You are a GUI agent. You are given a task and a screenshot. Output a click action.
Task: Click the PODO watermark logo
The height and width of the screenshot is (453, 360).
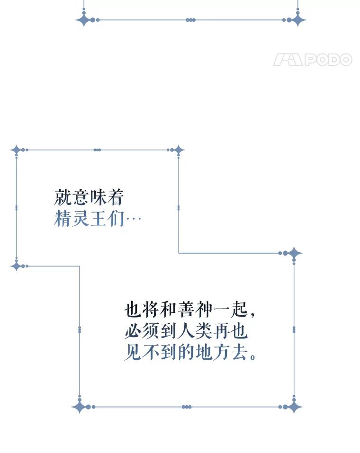tap(313, 60)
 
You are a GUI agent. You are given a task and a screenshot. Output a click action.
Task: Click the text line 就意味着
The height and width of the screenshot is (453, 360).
tap(89, 197)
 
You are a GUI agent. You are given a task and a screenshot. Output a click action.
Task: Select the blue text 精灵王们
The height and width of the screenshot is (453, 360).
tap(89, 219)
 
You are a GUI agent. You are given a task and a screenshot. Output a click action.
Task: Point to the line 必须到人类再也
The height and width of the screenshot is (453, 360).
tap(186, 331)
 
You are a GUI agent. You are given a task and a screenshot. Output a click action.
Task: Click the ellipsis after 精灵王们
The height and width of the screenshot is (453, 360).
tap(133, 220)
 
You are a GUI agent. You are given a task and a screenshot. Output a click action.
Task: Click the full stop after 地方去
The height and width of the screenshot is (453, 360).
tap(252, 356)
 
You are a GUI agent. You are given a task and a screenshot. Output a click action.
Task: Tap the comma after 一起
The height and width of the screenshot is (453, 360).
tap(252, 314)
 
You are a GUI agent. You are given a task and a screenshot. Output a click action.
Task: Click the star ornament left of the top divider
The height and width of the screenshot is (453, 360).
tap(84, 20)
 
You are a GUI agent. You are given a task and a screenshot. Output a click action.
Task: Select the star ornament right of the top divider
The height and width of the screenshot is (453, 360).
tap(298, 20)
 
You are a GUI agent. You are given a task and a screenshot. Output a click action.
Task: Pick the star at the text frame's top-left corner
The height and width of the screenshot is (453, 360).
tap(17, 150)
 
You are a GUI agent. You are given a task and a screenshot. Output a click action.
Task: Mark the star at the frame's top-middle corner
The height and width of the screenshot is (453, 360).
tap(178, 150)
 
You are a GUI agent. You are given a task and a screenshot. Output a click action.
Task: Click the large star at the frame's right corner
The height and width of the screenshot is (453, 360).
tap(294, 253)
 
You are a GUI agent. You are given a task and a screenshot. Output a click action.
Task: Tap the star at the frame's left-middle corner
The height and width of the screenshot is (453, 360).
tap(17, 266)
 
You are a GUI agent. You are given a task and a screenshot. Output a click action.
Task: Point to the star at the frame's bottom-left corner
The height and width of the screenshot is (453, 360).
tap(80, 407)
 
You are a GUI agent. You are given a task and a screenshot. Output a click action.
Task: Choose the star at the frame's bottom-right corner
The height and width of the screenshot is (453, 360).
tap(294, 407)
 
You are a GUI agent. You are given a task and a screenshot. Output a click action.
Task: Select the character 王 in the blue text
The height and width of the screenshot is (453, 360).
tap(98, 219)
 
